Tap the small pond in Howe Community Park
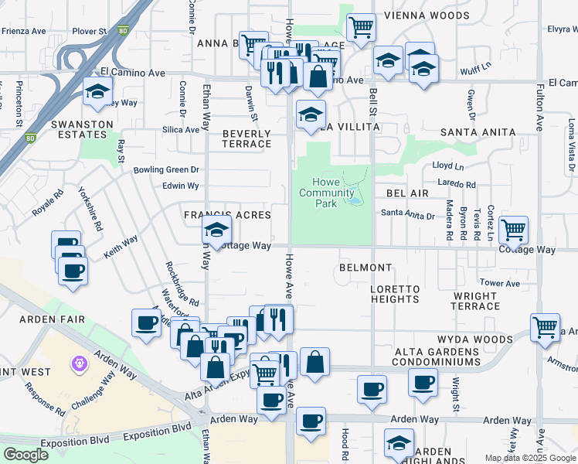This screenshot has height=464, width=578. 354,200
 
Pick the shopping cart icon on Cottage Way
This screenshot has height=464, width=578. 513,229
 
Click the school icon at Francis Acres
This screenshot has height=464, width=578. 216,229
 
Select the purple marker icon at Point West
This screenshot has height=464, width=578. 78,363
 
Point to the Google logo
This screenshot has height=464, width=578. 26,455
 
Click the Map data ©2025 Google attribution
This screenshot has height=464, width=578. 530,458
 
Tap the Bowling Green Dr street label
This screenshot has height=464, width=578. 166,169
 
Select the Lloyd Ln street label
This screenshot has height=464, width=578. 448,165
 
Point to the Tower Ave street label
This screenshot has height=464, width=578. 495,283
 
